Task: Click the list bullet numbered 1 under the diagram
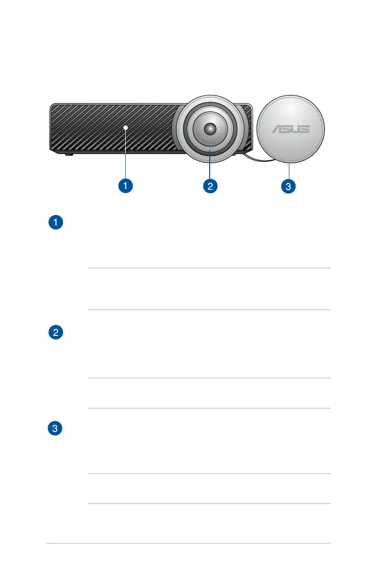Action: (57, 223)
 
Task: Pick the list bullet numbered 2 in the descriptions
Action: (57, 333)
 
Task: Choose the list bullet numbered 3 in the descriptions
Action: (57, 429)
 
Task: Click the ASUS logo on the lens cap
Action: (291, 129)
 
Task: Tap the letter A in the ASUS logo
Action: (277, 129)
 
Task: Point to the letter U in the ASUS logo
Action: (296, 129)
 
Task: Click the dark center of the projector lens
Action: (210, 128)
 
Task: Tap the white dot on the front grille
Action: (125, 127)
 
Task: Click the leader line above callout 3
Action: (290, 171)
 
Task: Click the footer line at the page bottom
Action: (189, 544)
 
